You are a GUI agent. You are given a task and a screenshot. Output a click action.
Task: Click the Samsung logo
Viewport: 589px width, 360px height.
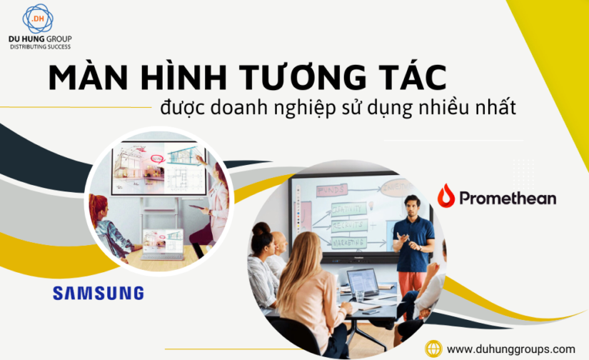pos(98,293)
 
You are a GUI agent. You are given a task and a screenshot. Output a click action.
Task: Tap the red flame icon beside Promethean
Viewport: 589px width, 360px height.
pos(446,196)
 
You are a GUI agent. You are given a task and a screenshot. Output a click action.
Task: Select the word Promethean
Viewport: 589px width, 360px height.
pos(508,198)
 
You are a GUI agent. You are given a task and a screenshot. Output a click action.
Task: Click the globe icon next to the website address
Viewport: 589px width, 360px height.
pos(433,349)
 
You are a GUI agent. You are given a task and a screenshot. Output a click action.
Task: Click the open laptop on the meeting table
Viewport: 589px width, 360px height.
pos(362,285)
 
